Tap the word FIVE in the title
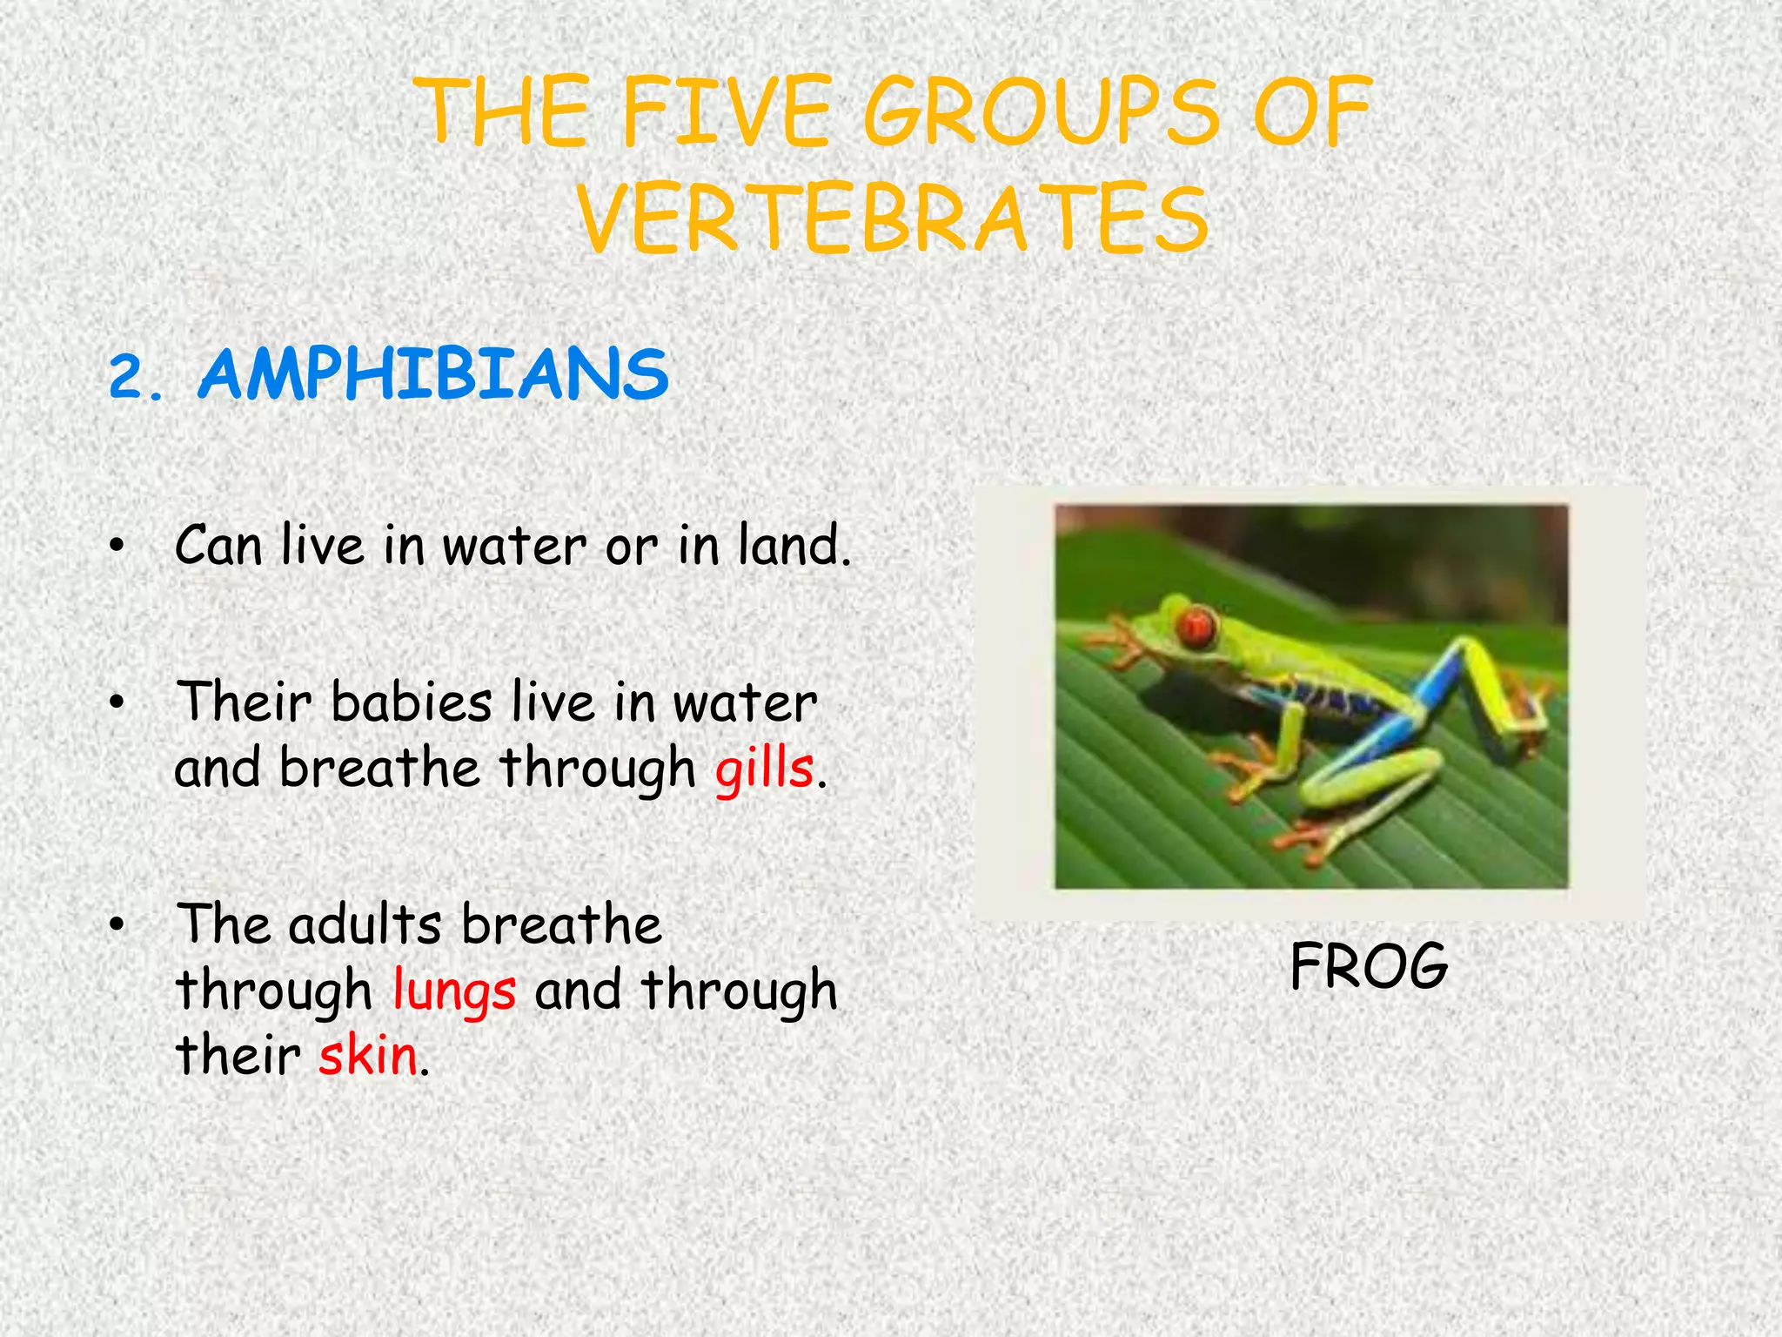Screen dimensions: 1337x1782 (727, 113)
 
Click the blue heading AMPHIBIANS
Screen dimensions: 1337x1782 (433, 375)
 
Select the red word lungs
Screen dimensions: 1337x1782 (454, 991)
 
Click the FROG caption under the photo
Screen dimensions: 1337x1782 (1369, 966)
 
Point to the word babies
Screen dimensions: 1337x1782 (411, 702)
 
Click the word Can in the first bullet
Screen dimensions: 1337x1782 (218, 546)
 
